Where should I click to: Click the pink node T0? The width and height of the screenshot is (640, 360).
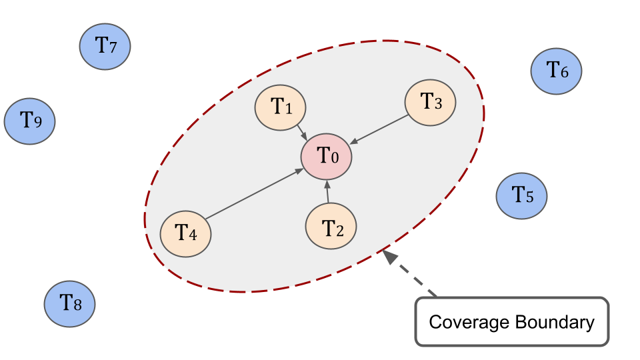click(x=326, y=157)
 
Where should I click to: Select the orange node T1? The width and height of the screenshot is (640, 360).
click(x=280, y=107)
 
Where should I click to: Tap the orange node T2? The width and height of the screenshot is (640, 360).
click(x=331, y=225)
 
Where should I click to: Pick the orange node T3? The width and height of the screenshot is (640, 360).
click(x=431, y=102)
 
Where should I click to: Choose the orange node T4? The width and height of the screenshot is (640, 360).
click(x=186, y=233)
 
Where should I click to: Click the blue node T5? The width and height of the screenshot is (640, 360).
click(x=521, y=195)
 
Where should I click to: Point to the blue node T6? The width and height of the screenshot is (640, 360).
click(x=557, y=69)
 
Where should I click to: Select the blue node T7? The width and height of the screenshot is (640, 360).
click(x=105, y=46)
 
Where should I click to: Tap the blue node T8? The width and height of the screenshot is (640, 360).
click(x=70, y=304)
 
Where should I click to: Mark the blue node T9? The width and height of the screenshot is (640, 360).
click(x=29, y=121)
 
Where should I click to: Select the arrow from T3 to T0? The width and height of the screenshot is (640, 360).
click(x=380, y=129)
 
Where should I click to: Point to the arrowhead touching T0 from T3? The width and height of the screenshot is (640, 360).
click(x=354, y=141)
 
